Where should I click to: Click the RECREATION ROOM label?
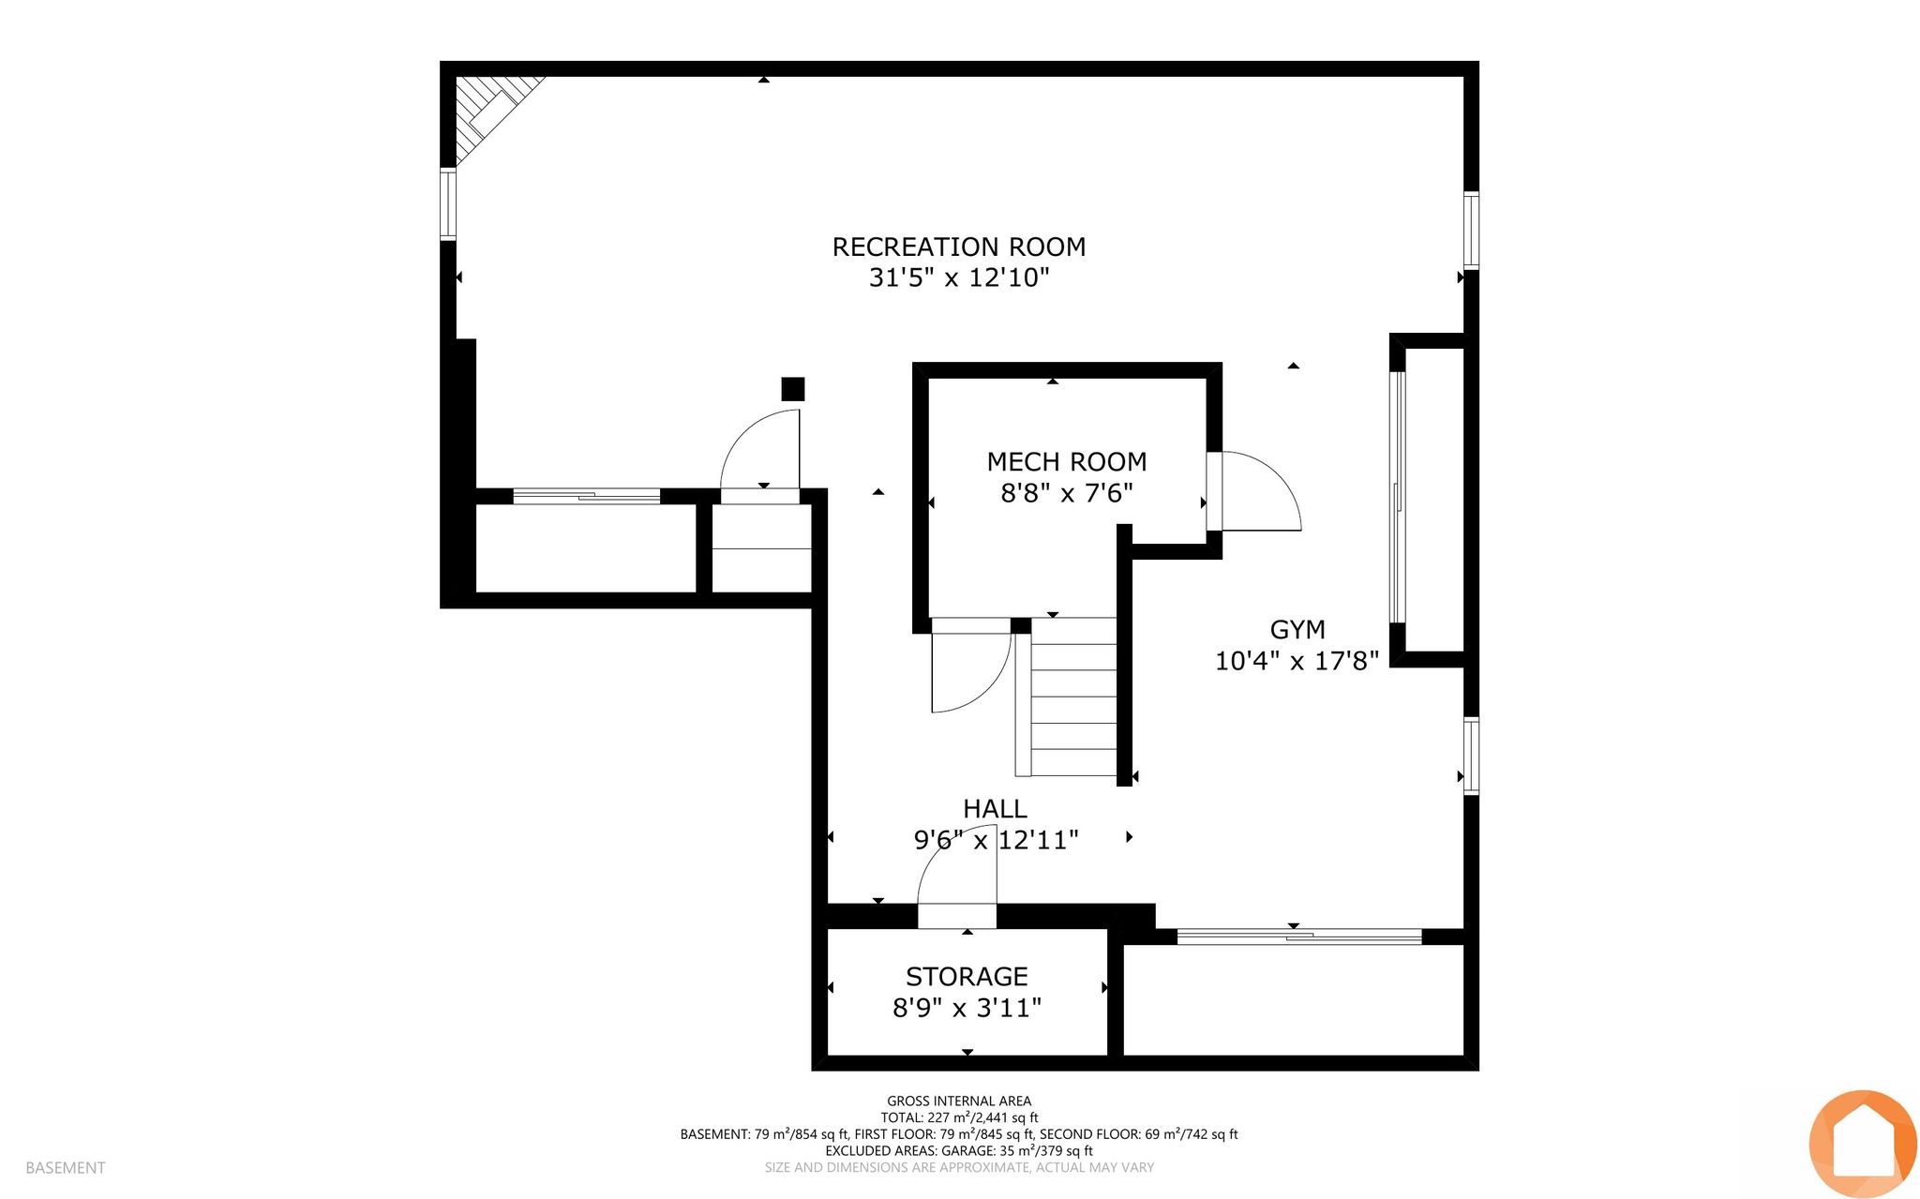[959, 247]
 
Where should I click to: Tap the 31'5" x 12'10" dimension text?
[959, 277]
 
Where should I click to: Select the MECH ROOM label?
[1067, 461]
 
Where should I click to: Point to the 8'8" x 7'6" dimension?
[1067, 492]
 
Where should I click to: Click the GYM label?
[1297, 629]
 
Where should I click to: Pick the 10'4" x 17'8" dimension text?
[1297, 661]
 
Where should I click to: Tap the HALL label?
[995, 808]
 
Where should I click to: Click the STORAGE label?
[967, 976]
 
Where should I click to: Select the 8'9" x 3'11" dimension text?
[967, 1007]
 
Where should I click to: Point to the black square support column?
[793, 389]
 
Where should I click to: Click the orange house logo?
[1863, 1144]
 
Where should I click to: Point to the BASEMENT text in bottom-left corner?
[66, 1167]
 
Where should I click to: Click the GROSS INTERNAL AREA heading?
[959, 1101]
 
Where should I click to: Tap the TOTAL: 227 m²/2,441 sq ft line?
[959, 1117]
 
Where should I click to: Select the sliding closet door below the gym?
[1299, 935]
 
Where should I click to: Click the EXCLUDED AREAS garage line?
[959, 1150]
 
